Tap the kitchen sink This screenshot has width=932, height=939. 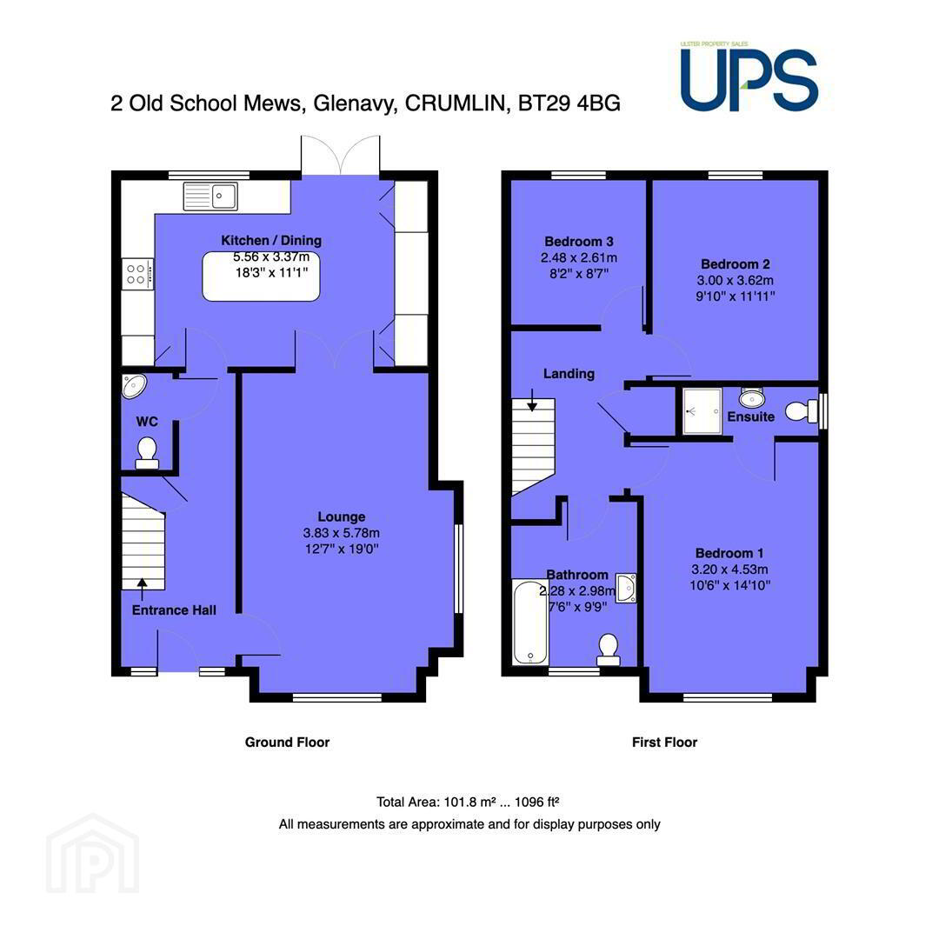pos(210,196)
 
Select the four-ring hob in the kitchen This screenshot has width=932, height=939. pos(137,274)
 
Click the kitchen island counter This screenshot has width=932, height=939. pos(261,276)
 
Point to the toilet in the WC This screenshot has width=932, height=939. pos(147,453)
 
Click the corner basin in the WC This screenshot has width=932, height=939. pos(133,386)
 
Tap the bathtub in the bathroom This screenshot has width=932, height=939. pos(530,622)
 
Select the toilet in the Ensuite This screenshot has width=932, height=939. pos(802,411)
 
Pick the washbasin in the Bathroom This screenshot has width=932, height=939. pos(626,588)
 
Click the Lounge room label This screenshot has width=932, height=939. pos(342,516)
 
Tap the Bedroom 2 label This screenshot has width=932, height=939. pos(735,264)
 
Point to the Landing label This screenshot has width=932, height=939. pos(569,374)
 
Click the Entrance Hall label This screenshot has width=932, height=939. pos(174,610)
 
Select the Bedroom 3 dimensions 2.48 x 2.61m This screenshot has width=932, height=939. pos(579,258)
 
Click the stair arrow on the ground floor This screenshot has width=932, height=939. pos(142,589)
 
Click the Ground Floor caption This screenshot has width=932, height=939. pos(287,743)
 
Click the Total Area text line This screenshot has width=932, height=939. pos(468,802)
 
